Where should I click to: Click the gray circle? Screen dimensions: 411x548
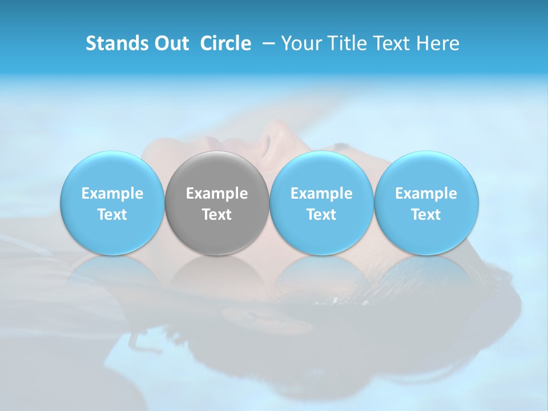point(217,171)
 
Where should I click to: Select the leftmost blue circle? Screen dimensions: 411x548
point(112,171)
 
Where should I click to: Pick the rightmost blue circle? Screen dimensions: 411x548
point(426,171)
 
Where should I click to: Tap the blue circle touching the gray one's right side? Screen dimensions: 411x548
point(321,171)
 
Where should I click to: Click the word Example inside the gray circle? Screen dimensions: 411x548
point(217,194)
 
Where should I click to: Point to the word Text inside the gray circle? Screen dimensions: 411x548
point(217,215)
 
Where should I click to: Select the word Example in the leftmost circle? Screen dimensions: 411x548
point(112,194)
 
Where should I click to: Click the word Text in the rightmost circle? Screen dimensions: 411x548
point(426,215)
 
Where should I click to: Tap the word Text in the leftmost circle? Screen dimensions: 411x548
point(112,215)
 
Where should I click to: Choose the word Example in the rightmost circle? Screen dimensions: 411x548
point(426,194)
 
